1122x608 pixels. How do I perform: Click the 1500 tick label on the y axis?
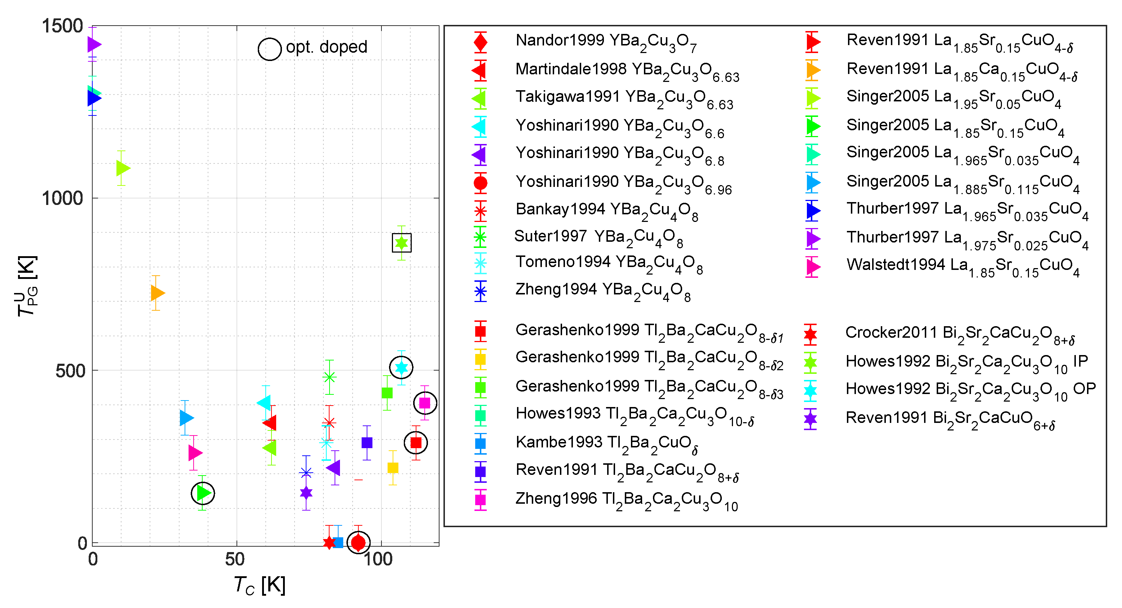click(62, 26)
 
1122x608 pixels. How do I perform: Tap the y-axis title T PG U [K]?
click(27, 286)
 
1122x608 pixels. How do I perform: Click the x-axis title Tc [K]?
click(260, 585)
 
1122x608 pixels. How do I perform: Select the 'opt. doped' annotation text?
click(326, 47)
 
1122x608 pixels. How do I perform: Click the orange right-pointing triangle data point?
click(157, 293)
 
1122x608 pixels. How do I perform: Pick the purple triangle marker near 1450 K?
click(94, 44)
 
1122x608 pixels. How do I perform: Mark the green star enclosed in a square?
click(401, 243)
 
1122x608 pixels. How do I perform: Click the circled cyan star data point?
click(401, 368)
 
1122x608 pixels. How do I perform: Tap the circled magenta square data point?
click(425, 403)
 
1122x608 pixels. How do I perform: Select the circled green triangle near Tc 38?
click(203, 493)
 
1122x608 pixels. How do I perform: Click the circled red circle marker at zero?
click(358, 543)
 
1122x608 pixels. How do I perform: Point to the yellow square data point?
click(393, 468)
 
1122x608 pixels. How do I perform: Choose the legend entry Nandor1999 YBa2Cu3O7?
click(605, 41)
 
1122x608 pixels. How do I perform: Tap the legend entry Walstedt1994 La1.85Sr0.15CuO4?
click(963, 266)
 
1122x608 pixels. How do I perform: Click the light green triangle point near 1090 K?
click(123, 168)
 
